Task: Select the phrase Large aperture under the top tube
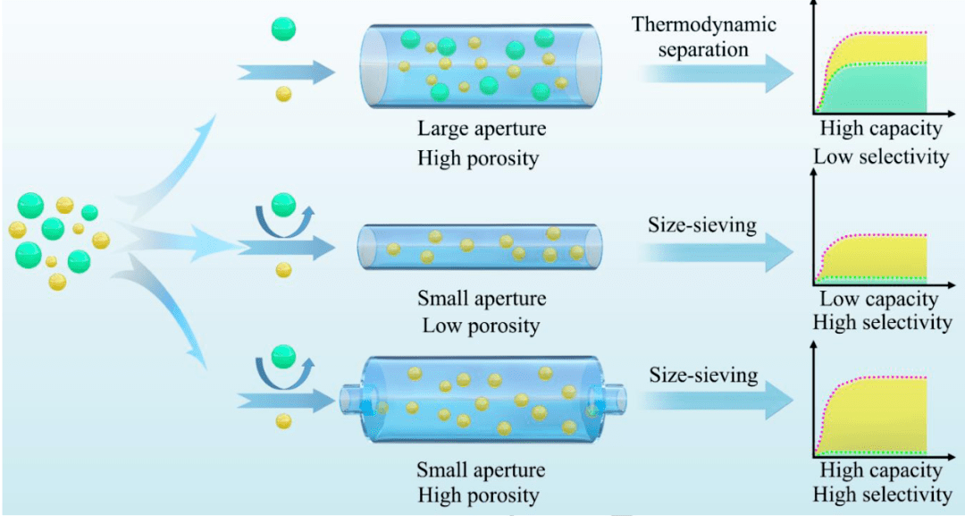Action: point(482,129)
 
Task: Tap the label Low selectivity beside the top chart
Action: point(880,156)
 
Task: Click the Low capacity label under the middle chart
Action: point(878,300)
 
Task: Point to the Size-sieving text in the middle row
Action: point(702,224)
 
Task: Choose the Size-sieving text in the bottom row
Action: point(703,374)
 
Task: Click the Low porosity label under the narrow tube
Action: point(481,326)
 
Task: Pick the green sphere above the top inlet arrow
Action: point(283,29)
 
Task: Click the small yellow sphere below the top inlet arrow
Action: point(283,93)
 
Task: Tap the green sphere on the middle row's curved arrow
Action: point(283,204)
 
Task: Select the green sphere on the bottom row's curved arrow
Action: point(283,354)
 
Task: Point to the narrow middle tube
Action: point(480,247)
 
